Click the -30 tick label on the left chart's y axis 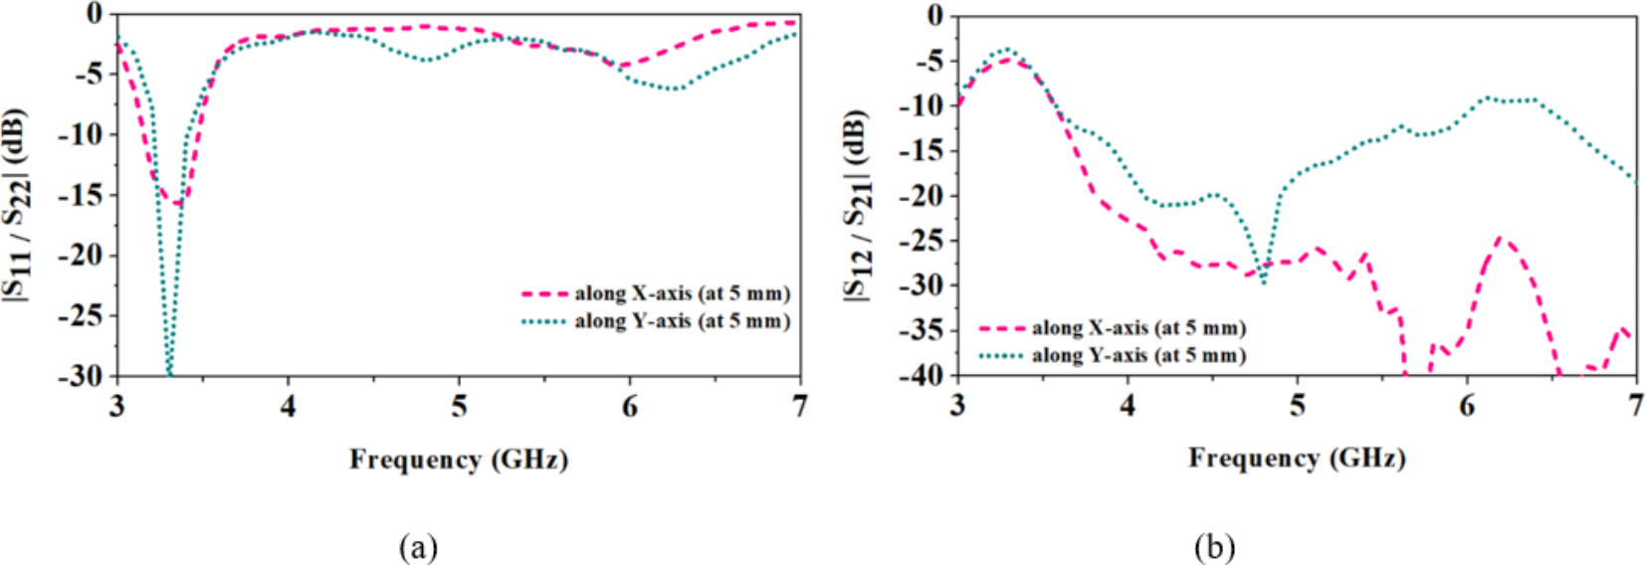click(x=80, y=376)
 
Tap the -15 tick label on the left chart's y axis click(x=80, y=195)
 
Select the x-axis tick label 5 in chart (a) click(x=459, y=407)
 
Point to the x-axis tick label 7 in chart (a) click(x=799, y=407)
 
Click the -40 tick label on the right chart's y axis click(x=921, y=375)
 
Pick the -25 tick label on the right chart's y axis click(x=921, y=240)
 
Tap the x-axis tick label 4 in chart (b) click(x=1128, y=406)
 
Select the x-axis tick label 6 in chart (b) click(x=1467, y=406)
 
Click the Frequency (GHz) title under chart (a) click(x=458, y=460)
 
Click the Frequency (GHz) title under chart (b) click(x=1297, y=458)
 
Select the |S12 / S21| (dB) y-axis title click(x=858, y=204)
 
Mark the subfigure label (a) click(x=417, y=546)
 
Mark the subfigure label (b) click(x=1214, y=546)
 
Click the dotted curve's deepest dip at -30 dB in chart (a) click(x=169, y=373)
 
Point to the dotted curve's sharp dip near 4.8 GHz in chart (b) click(x=1264, y=282)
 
